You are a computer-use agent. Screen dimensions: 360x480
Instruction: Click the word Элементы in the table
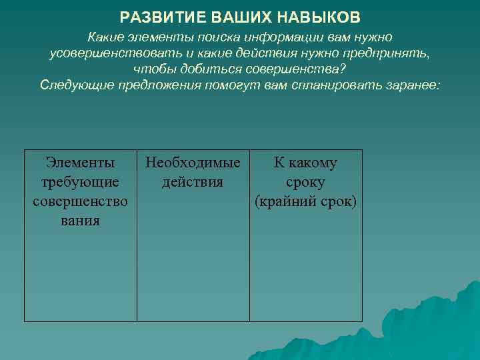tap(80, 163)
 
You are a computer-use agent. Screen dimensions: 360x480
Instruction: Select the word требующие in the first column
tap(80, 182)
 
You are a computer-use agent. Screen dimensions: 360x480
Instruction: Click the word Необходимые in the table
tap(193, 163)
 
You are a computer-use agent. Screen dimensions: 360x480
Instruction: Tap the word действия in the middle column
tap(193, 182)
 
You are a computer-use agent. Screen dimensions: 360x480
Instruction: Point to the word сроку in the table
tap(306, 182)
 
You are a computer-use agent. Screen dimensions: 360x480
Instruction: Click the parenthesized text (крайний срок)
tap(306, 201)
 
